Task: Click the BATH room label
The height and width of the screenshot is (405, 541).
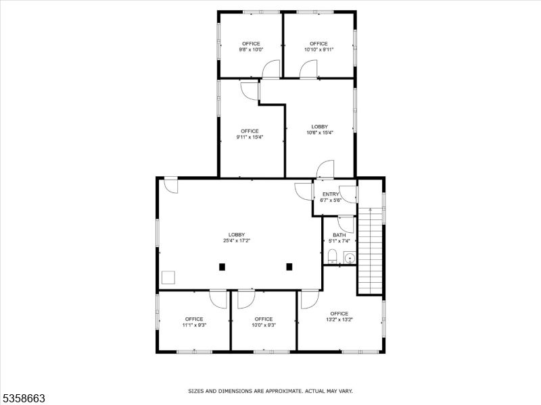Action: click(339, 235)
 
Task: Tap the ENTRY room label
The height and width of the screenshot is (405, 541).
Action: click(331, 194)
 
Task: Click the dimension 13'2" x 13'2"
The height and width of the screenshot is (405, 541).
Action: click(339, 320)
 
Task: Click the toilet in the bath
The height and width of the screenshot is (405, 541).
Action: click(332, 256)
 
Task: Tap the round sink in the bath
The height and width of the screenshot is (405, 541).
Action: click(349, 256)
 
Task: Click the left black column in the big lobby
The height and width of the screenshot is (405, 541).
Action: click(222, 267)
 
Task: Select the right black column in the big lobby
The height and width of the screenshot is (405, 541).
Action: click(289, 267)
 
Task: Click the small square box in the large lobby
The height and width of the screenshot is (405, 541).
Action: click(168, 277)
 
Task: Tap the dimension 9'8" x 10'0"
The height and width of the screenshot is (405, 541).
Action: click(251, 49)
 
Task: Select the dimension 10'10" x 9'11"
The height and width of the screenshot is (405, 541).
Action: click(319, 49)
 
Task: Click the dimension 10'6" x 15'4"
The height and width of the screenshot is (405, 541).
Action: click(320, 133)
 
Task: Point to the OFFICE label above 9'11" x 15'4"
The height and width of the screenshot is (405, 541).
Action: click(250, 131)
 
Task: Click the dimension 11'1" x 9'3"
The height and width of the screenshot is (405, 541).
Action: click(194, 325)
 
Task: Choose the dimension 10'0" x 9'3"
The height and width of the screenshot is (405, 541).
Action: click(264, 325)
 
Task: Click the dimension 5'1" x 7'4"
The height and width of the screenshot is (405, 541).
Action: click(339, 241)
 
